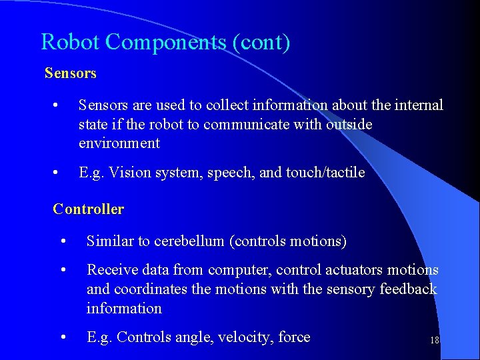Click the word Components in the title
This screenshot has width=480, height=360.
(x=165, y=42)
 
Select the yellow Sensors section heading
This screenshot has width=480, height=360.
(x=70, y=73)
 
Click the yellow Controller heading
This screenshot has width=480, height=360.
(x=88, y=209)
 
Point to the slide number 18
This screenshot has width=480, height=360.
(x=434, y=340)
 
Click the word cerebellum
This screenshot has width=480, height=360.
(x=189, y=241)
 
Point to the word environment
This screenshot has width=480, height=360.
(x=119, y=143)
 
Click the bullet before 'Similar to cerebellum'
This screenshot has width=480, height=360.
(x=61, y=241)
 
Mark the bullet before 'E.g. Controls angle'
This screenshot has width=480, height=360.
(x=61, y=337)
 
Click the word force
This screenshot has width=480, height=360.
(x=294, y=337)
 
